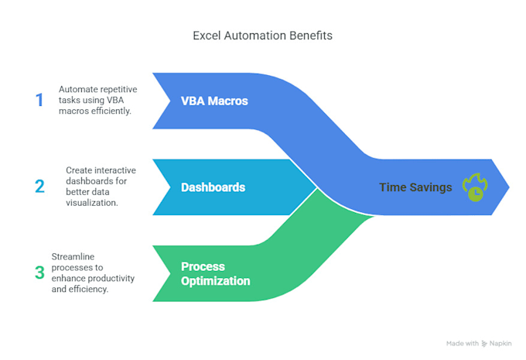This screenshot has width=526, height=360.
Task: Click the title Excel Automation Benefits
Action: pos(262,35)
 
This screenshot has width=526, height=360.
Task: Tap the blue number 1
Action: pos(39,100)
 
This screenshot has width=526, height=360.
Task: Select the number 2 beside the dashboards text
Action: pos(39,186)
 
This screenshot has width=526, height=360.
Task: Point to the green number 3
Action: pos(39,272)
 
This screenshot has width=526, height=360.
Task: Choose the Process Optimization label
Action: pos(215,273)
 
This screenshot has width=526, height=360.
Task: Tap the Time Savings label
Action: pos(415,187)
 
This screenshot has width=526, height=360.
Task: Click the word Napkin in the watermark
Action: pos(503,342)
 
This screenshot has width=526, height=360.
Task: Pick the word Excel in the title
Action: pos(206,35)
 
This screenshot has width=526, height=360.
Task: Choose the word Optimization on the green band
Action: pos(215,281)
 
